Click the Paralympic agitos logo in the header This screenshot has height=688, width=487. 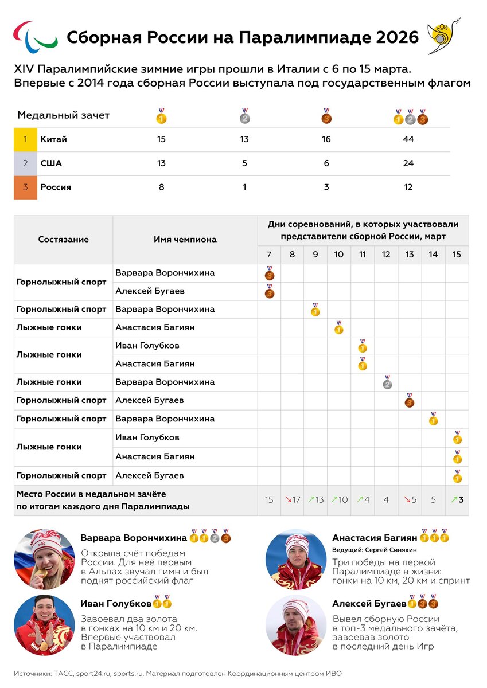36,35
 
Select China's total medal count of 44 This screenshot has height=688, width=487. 408,139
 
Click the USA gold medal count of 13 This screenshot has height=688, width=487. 161,163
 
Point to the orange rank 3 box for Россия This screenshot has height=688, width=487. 25,187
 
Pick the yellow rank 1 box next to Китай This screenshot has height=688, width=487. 25,139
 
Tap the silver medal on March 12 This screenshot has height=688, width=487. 387,383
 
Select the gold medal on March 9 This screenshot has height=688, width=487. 315,310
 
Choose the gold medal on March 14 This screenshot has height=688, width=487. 433,419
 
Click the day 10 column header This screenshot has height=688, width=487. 339,255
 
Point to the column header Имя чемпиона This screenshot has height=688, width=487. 185,239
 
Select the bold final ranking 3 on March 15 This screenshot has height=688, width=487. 461,499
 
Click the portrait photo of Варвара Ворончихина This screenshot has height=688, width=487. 44,559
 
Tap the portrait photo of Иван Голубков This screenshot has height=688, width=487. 44,625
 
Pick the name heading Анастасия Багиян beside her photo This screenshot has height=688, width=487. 375,538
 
